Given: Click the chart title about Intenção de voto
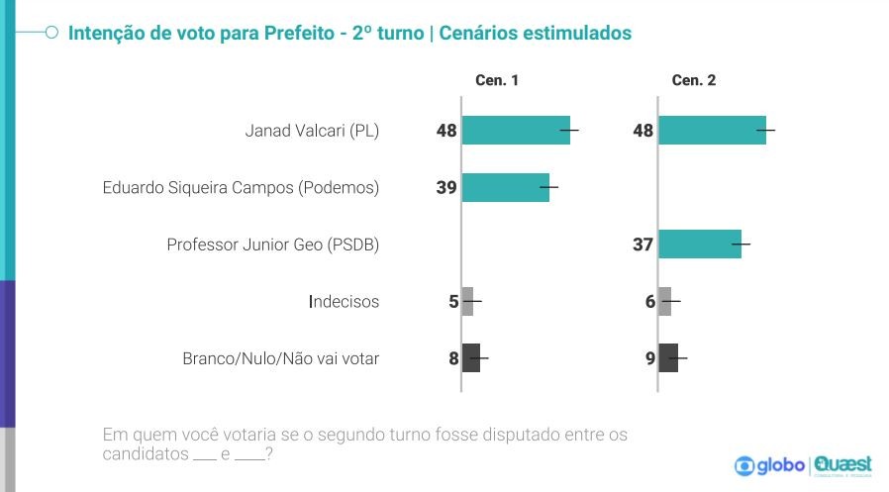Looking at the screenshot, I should pos(348,34).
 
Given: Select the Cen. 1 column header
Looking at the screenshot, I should pos(499,81).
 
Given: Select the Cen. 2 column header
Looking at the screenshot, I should pos(694,81).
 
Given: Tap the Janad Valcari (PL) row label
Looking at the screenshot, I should pos(312,131).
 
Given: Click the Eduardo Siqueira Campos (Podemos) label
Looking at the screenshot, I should pos(241,187).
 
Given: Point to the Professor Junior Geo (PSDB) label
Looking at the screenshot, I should pos(273,245).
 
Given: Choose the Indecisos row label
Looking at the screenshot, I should pos(344,301).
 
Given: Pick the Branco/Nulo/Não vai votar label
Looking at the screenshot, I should pos(281,358).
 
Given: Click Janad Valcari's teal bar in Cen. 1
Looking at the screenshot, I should pos(516,131).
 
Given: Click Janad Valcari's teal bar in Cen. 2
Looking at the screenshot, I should pos(712,131).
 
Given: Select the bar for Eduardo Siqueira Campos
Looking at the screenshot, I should pos(505,187).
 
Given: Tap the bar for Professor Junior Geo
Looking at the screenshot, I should pos(699,245).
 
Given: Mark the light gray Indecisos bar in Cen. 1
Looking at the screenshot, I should pos(468,301).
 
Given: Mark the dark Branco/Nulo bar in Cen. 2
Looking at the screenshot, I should pos(668,358).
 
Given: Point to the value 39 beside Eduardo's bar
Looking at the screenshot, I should pos(445,187).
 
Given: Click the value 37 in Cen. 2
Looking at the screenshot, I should pos(642,245).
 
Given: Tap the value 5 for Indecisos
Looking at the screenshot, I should pos(453,301).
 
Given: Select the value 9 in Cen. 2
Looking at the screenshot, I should pos(650,358).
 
